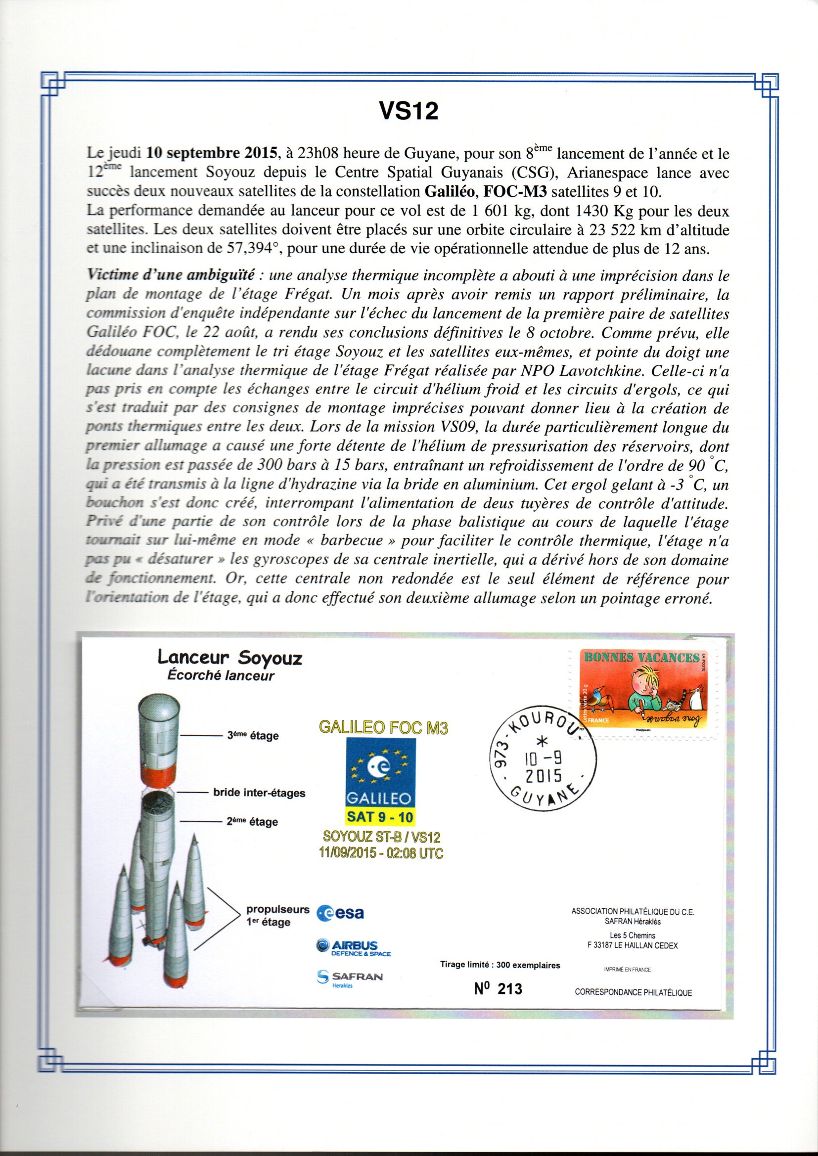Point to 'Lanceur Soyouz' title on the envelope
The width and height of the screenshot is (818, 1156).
click(229, 658)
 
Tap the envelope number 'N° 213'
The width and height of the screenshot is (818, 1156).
click(498, 989)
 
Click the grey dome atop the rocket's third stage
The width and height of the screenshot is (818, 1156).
click(158, 703)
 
